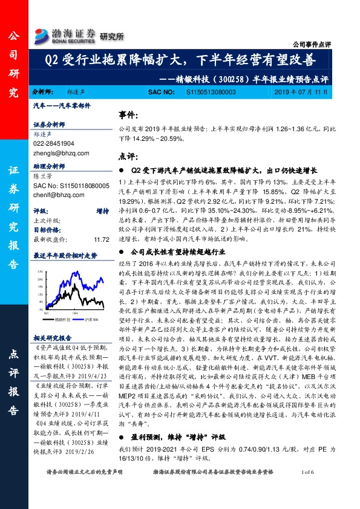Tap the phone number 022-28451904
[x=54, y=143]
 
